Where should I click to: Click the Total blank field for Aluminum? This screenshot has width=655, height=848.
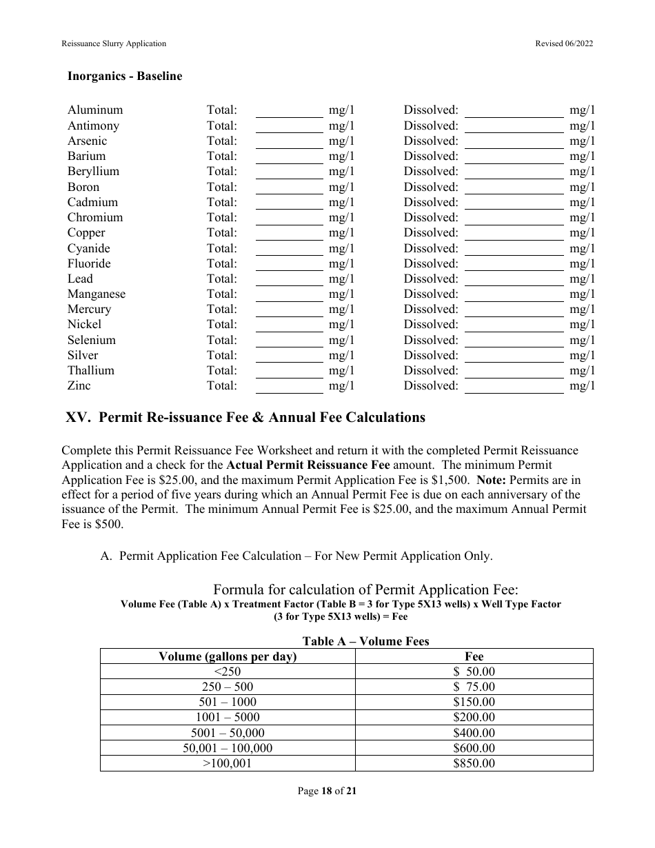[290, 110]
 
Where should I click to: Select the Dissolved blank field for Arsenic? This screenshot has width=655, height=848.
[514, 141]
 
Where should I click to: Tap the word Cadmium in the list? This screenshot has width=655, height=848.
[92, 202]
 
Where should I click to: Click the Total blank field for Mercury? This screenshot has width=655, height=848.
[290, 309]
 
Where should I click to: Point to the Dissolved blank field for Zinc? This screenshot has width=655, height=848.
[514, 385]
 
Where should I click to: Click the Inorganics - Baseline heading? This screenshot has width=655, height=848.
[125, 77]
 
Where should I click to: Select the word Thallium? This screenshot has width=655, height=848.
[91, 370]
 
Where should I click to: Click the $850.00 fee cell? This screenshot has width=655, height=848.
[474, 763]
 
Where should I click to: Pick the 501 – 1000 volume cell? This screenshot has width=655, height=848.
[228, 702]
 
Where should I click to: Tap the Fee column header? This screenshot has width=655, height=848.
[474, 656]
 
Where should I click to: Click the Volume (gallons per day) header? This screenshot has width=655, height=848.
[228, 656]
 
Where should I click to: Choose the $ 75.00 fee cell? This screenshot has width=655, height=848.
[474, 687]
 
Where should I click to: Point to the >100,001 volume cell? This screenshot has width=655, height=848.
[228, 763]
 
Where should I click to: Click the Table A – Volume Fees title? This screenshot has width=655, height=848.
[365, 641]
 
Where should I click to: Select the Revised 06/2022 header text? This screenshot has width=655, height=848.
[564, 43]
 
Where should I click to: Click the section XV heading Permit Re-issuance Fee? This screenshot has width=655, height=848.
[245, 417]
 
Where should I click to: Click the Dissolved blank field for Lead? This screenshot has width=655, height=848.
[514, 279]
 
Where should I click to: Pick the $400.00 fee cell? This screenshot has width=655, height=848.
[474, 733]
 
